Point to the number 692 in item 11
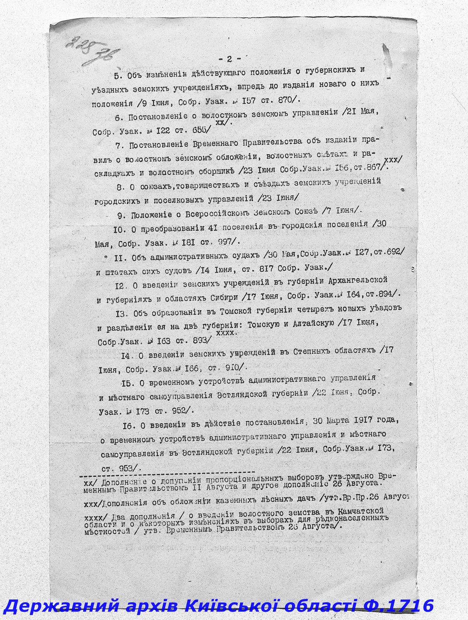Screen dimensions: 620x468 393,252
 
